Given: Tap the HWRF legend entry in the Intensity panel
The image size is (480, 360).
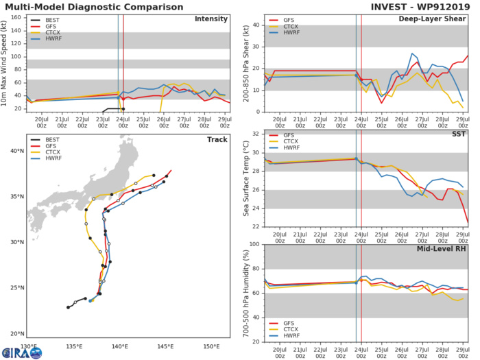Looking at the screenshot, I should [51, 40].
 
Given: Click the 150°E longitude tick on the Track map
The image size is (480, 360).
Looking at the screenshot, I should [211, 346].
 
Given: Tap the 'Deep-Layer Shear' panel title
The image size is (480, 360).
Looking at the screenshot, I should [438, 19].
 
